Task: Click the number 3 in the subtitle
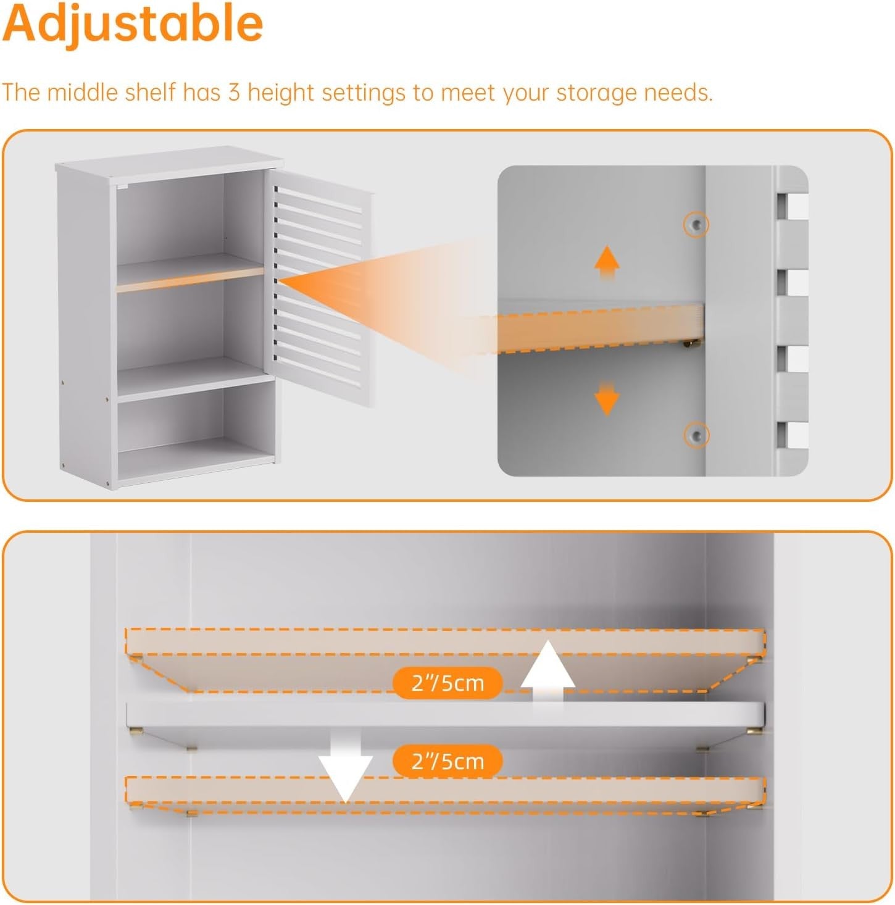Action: pos(234,92)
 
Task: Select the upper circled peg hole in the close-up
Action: pos(696,225)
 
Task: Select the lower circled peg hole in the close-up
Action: pos(696,435)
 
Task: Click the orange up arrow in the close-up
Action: pos(607,262)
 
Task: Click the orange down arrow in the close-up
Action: pos(607,398)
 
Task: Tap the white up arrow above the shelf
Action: pos(547,672)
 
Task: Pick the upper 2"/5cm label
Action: pos(447,683)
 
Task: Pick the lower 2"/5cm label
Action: pos(447,761)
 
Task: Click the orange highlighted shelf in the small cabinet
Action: pos(190,280)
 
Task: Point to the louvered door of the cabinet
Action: pos(319,286)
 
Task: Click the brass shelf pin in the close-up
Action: pos(691,343)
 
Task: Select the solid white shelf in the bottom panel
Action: pos(444,717)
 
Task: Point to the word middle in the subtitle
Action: pos(83,92)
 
